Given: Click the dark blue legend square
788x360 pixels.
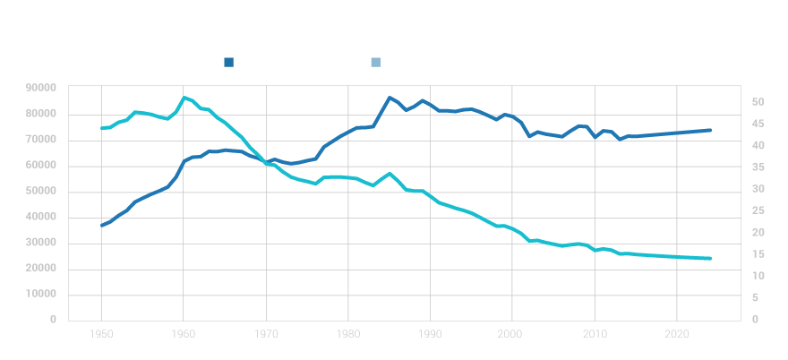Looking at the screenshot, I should coord(229,63).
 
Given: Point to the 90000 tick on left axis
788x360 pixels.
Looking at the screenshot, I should coord(41,88).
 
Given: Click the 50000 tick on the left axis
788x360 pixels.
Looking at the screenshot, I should coord(41,191).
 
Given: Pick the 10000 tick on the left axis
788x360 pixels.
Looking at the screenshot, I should coord(41,294).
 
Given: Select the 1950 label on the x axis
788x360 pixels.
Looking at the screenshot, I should coord(101,334).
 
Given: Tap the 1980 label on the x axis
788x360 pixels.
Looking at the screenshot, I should coord(347,334).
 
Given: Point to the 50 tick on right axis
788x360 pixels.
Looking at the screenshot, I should coord(757,102).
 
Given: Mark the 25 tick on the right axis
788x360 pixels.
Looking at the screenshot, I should coord(757,210).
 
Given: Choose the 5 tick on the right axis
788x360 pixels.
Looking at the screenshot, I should coord(757,297).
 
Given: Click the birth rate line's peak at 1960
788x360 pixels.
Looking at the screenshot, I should coord(184,98).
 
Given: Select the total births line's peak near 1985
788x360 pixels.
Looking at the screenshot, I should coord(390,98).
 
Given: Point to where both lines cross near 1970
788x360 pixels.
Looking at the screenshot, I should coord(267,162).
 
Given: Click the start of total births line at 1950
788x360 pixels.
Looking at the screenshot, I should coord(101,226).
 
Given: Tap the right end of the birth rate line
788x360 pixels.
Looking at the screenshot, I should coord(710,259).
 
